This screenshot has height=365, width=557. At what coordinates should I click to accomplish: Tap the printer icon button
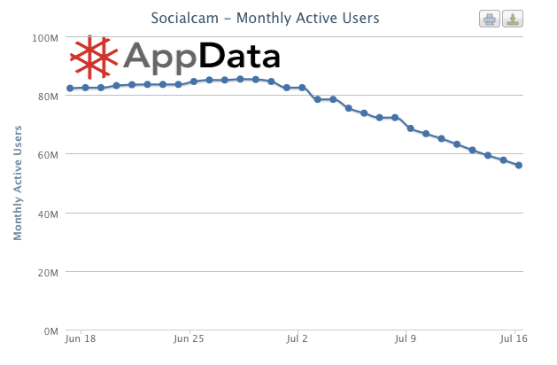point(490,19)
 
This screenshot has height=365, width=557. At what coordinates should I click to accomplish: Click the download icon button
point(513,19)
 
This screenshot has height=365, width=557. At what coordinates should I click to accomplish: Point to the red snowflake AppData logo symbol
point(94,57)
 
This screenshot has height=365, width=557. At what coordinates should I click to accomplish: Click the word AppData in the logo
point(202,57)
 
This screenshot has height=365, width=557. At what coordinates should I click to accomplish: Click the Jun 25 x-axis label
point(189,338)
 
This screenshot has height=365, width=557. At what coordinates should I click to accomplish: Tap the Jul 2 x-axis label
point(297,338)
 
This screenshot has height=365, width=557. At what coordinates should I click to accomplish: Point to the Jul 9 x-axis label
point(406,338)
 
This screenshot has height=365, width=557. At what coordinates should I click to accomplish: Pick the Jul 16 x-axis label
point(514,338)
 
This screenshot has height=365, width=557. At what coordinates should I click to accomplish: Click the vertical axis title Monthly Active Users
point(18,183)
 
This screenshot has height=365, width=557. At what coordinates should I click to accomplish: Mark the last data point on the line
point(519,166)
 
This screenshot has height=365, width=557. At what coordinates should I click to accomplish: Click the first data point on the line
point(70,89)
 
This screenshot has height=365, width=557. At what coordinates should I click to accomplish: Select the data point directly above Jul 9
point(410,128)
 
